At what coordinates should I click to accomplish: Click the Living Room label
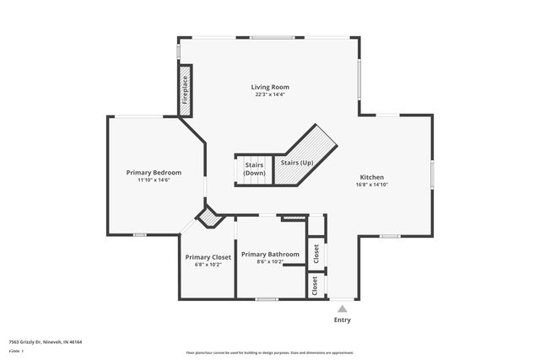[270, 87]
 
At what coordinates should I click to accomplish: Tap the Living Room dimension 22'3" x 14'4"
[270, 95]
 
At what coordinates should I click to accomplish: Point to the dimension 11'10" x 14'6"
[154, 180]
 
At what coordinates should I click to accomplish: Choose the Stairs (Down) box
[254, 168]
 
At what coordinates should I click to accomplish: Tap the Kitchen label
[372, 177]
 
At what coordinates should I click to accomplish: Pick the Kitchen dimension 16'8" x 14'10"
[372, 185]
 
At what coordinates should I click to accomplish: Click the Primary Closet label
[208, 256]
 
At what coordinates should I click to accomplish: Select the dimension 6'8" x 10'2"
[208, 265]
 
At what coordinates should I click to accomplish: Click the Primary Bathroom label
[270, 254]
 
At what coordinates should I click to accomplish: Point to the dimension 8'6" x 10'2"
[270, 262]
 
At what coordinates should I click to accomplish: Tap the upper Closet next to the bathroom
[316, 253]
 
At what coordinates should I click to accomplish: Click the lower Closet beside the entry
[316, 286]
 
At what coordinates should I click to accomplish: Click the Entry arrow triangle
[342, 309]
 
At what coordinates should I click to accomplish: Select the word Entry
[342, 320]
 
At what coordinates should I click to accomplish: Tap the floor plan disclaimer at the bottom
[269, 352]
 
